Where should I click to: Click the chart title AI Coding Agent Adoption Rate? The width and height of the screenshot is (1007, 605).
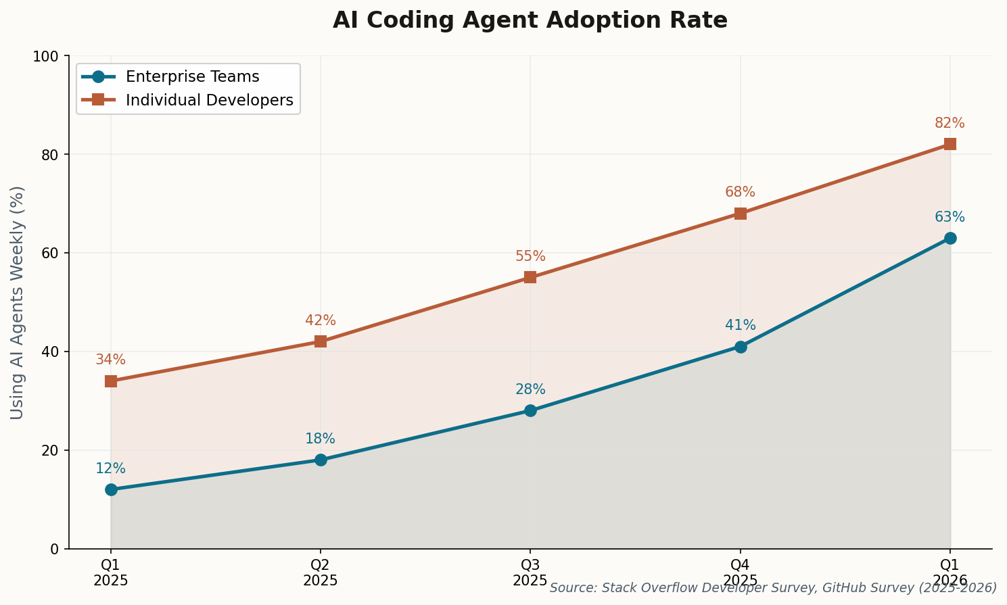click(x=530, y=20)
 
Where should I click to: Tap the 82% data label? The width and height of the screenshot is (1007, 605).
click(x=950, y=123)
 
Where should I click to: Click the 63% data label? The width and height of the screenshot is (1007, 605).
click(x=950, y=217)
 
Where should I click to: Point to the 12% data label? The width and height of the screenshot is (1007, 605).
click(x=110, y=468)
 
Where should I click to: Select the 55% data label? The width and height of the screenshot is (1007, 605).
click(x=530, y=256)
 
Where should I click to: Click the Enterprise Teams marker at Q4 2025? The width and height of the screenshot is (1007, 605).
click(x=741, y=347)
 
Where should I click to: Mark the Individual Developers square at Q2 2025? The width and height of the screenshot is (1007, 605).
click(x=321, y=341)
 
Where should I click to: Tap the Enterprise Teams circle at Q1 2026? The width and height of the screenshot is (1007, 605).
click(x=950, y=238)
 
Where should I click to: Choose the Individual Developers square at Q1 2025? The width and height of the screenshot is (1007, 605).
click(x=111, y=381)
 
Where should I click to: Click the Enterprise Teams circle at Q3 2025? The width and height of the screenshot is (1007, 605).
click(x=530, y=410)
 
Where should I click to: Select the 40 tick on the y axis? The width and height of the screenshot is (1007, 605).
click(x=51, y=352)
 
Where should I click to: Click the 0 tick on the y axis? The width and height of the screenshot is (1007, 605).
click(x=55, y=549)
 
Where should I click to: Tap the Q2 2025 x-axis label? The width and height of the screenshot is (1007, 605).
click(x=321, y=572)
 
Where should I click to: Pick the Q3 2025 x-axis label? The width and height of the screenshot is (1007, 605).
click(x=530, y=572)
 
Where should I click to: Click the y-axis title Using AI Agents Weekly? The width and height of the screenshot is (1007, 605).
click(x=18, y=302)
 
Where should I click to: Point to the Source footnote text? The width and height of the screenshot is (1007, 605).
click(x=773, y=588)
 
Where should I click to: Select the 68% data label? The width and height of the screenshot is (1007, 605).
click(x=740, y=192)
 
